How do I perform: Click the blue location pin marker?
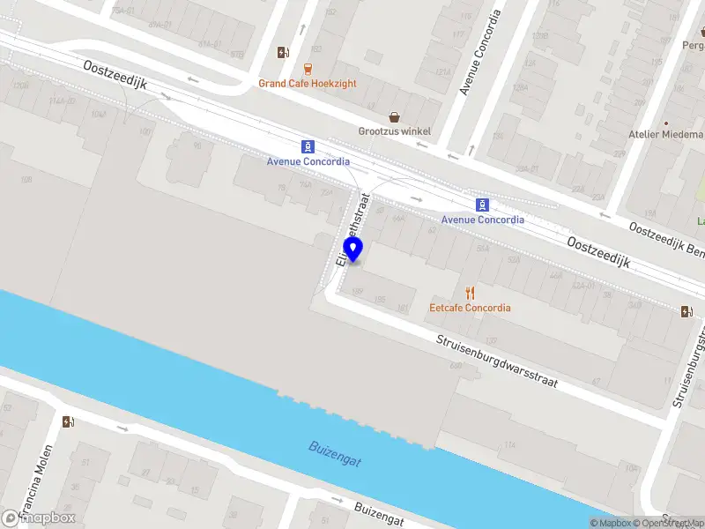353,250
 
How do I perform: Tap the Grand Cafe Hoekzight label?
307,84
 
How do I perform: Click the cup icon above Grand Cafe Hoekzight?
307,68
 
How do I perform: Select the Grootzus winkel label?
394,131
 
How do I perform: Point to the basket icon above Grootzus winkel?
395,116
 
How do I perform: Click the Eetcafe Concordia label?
470,308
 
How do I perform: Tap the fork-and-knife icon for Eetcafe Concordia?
470,293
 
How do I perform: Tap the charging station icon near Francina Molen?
69,421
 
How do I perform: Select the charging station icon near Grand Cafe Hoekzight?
282,53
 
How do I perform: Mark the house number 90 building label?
197,145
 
